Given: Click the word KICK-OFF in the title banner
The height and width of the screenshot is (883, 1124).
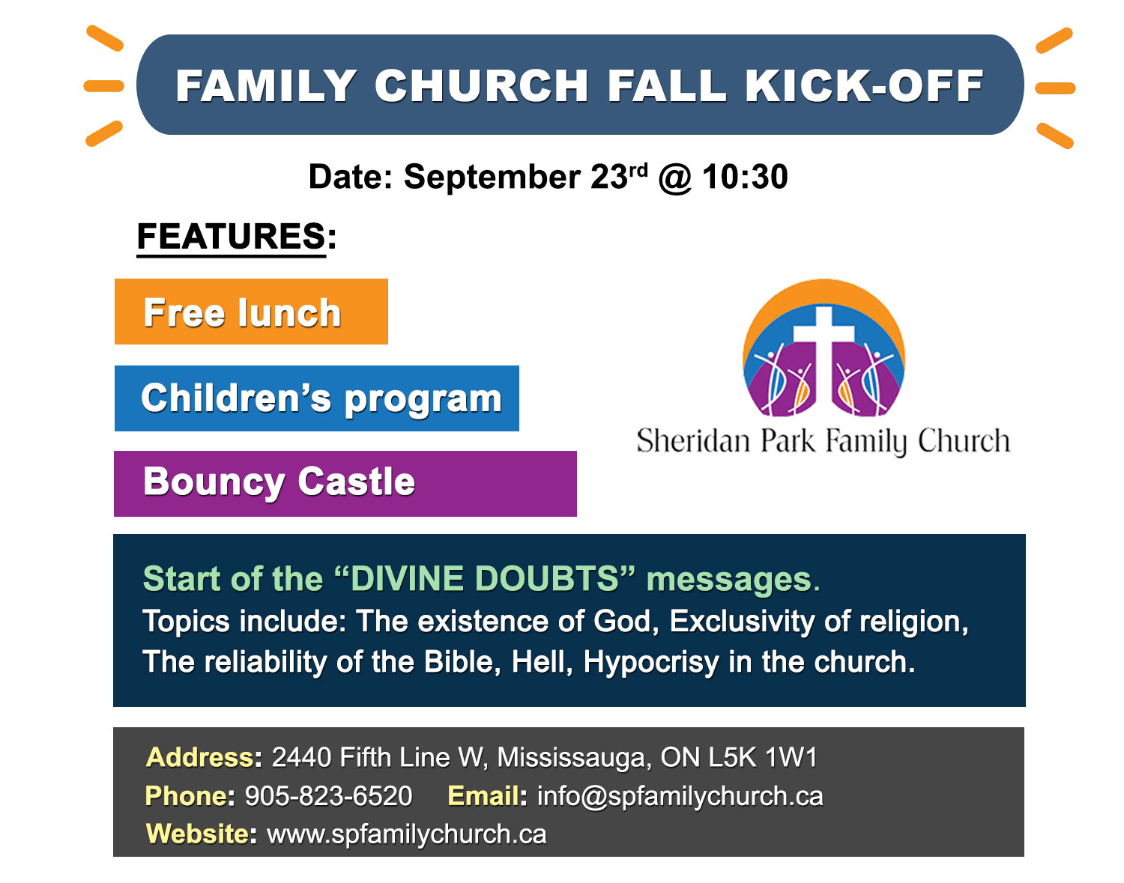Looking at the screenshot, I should [x=863, y=86].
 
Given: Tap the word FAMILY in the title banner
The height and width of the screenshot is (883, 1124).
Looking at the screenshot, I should [x=266, y=86].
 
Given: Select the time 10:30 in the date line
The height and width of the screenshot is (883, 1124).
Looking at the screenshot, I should [x=745, y=177].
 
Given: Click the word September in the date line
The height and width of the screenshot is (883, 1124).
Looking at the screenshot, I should [x=492, y=177].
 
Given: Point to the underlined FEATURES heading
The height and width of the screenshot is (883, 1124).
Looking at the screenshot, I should [x=231, y=237].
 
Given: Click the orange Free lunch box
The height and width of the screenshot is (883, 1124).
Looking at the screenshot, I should [x=251, y=312].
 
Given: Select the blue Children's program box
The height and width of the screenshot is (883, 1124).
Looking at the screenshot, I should [x=316, y=398].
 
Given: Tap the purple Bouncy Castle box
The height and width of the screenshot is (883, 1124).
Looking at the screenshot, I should [x=345, y=483].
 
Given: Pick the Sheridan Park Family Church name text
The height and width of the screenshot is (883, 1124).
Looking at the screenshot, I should [x=823, y=441].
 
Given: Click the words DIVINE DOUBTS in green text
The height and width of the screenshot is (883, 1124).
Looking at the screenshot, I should [x=484, y=579].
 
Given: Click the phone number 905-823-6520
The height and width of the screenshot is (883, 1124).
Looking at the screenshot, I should [x=328, y=795].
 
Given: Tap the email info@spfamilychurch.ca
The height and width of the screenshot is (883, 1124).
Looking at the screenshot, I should [x=680, y=795].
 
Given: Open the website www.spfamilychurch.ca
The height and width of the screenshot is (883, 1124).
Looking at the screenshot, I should [x=406, y=834].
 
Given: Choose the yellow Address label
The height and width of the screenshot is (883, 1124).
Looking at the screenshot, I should [x=199, y=757].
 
